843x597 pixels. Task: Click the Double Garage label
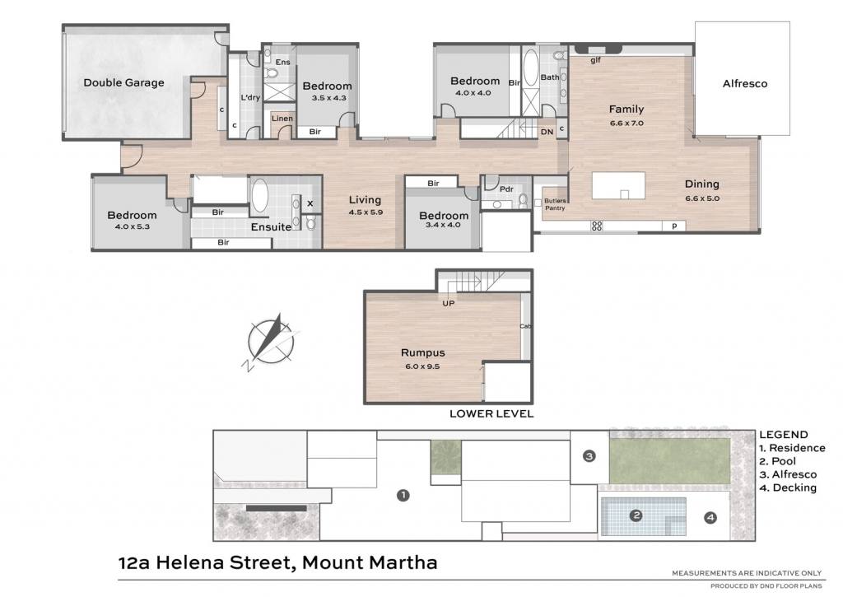point(123,83)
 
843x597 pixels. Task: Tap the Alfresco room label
point(744,83)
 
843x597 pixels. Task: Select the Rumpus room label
point(422,352)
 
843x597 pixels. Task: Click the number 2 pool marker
point(636,515)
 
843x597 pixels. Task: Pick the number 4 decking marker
point(710,518)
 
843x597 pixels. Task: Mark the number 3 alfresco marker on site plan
point(589,457)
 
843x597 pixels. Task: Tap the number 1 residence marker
point(403,496)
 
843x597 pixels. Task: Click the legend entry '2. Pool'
point(777,461)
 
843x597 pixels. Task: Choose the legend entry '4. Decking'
point(788,487)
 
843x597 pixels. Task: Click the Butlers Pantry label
point(555,204)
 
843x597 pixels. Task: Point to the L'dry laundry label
point(250,98)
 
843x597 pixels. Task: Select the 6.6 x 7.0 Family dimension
point(626,124)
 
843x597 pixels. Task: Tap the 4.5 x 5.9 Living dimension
point(365,212)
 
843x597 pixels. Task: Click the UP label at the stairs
point(449,303)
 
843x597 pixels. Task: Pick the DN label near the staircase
point(547,132)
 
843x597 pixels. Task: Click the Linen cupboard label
point(282,119)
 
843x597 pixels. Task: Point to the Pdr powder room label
point(506,189)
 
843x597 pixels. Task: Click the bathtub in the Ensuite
point(259,195)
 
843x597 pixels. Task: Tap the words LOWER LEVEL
point(491,413)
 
